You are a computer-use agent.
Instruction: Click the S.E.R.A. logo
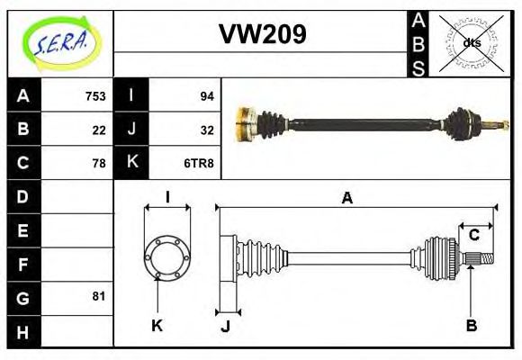(x=59, y=41)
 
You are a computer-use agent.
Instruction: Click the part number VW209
(x=263, y=34)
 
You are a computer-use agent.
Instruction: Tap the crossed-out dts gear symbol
(x=472, y=42)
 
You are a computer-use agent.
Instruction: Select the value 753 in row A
(x=95, y=95)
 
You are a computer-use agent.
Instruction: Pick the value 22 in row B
(x=99, y=129)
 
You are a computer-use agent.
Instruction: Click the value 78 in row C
(x=99, y=163)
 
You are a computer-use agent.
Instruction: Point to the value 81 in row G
(x=99, y=295)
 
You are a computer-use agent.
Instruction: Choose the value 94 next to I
(x=206, y=95)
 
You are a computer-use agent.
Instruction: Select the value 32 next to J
(x=206, y=129)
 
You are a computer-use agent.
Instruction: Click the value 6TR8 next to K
(x=200, y=163)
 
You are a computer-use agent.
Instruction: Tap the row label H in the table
(x=23, y=331)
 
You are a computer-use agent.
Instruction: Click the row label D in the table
(x=23, y=196)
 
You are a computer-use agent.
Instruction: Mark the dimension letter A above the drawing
(x=346, y=198)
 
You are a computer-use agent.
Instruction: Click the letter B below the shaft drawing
(x=471, y=326)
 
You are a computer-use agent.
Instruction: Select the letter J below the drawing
(x=225, y=326)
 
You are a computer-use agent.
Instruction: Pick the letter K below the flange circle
(x=157, y=326)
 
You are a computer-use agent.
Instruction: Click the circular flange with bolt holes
(x=166, y=257)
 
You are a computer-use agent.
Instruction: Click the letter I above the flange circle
(x=167, y=198)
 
